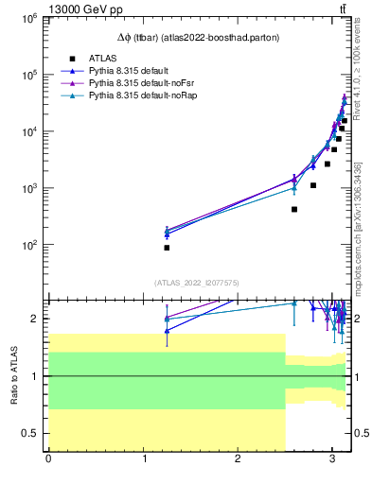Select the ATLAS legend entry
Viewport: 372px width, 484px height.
[x=102, y=59]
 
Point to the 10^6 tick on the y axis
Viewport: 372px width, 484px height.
[x=27, y=18]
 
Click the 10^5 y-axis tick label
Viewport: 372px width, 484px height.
[x=27, y=75]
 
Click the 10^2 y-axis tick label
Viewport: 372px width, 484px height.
[x=27, y=245]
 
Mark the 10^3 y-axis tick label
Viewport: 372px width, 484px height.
[x=27, y=188]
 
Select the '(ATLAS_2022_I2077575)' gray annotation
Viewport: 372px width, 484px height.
[x=198, y=282]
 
